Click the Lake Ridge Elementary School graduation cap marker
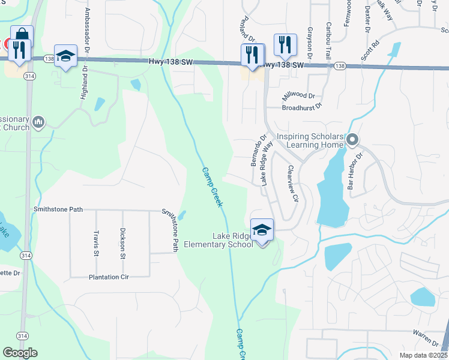[262, 230]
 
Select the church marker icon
[38, 122]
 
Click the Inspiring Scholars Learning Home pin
[353, 140]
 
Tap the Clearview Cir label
[292, 184]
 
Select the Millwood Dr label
[298, 96]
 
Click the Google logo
[20, 353]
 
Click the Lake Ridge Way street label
[267, 164]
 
